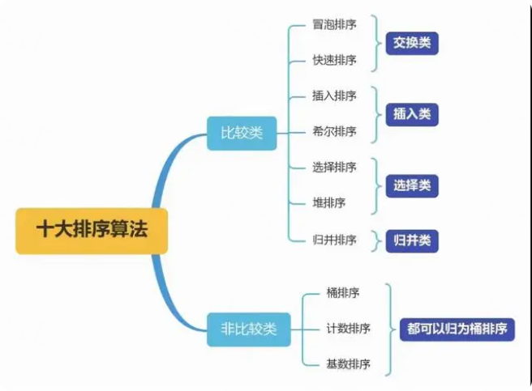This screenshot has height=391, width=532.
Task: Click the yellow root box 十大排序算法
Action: [92, 231]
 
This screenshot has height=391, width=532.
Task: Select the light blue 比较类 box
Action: [242, 133]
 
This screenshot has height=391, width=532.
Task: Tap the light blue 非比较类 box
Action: [249, 329]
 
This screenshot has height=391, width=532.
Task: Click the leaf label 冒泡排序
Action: [334, 24]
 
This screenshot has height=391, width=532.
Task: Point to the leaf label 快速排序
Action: [334, 61]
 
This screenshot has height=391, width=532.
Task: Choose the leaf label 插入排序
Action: [334, 96]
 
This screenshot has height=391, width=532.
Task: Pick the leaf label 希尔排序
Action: [334, 131]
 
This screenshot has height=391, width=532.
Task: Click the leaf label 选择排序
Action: [334, 168]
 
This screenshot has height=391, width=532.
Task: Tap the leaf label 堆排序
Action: [328, 203]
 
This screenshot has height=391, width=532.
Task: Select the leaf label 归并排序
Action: [334, 240]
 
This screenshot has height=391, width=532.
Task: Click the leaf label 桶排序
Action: [343, 293]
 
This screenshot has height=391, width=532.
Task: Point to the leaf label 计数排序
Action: [348, 329]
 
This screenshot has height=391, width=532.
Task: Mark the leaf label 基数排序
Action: [348, 364]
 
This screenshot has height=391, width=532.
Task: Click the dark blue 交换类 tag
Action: [412, 44]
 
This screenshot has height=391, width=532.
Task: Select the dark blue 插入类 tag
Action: [412, 114]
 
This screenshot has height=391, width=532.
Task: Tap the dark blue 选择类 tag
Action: [412, 186]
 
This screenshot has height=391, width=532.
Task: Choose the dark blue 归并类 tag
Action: [412, 241]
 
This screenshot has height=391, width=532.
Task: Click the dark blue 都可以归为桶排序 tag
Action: [457, 329]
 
